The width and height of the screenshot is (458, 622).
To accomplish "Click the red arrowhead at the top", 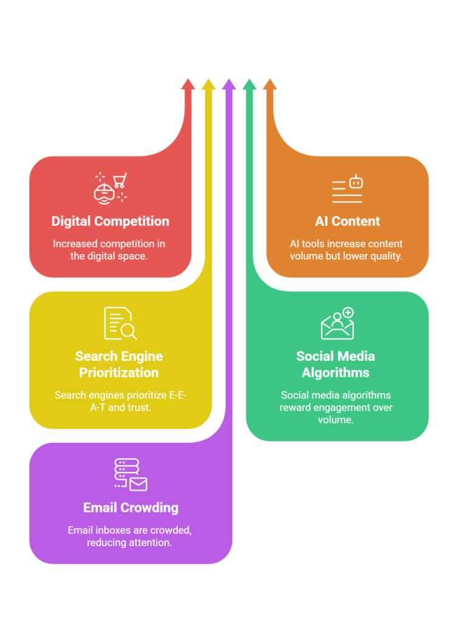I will point(188,84).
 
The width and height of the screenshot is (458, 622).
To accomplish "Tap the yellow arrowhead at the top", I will point(208,84).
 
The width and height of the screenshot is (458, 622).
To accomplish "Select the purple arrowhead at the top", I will point(229,84).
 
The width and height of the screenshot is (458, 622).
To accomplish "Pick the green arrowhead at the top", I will point(249,84).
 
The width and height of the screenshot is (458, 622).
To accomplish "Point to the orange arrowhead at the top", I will point(270,84).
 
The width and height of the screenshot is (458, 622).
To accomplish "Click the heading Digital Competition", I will point(110,221).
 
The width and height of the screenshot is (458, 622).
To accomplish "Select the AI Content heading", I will point(348,221).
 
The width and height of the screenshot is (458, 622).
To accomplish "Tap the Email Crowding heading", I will point(131,507).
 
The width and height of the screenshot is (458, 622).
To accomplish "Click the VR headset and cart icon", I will point(110,187).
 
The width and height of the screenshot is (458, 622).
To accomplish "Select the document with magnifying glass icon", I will point(120,323).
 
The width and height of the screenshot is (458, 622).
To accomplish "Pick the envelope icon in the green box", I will point(337,324).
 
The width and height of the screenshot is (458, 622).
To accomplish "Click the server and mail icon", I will point(130,474).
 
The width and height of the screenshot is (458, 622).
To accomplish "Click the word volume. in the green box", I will point(335,419).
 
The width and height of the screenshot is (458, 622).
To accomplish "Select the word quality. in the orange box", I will point(384,256).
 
